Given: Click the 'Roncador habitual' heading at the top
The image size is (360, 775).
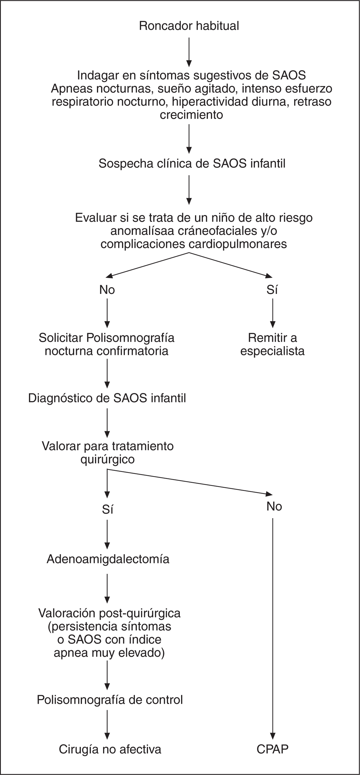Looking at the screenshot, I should coord(189,26).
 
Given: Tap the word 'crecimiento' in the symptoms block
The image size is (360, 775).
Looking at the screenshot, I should coord(192,115).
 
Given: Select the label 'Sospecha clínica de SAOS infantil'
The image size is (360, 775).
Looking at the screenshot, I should coord(192,163).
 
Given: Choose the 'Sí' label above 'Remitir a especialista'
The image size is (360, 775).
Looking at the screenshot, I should coord(272,290).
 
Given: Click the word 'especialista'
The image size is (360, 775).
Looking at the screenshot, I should coord(272,351).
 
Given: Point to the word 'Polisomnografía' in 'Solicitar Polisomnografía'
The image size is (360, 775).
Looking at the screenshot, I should coord(130,338).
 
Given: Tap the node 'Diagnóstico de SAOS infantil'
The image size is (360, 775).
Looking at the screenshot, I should coord(107,398).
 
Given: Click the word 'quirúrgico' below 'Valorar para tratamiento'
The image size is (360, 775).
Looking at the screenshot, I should coord(107,459).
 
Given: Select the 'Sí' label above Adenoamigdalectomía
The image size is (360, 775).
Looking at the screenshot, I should coord(107,509).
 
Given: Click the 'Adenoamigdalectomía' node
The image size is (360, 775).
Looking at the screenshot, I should coord(108,559).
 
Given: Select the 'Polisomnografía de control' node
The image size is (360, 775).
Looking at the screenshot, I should coord(109,700).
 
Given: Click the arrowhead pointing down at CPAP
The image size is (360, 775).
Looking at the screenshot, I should coord(273,736).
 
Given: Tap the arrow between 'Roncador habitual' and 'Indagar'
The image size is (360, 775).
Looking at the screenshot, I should coord(189,51).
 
